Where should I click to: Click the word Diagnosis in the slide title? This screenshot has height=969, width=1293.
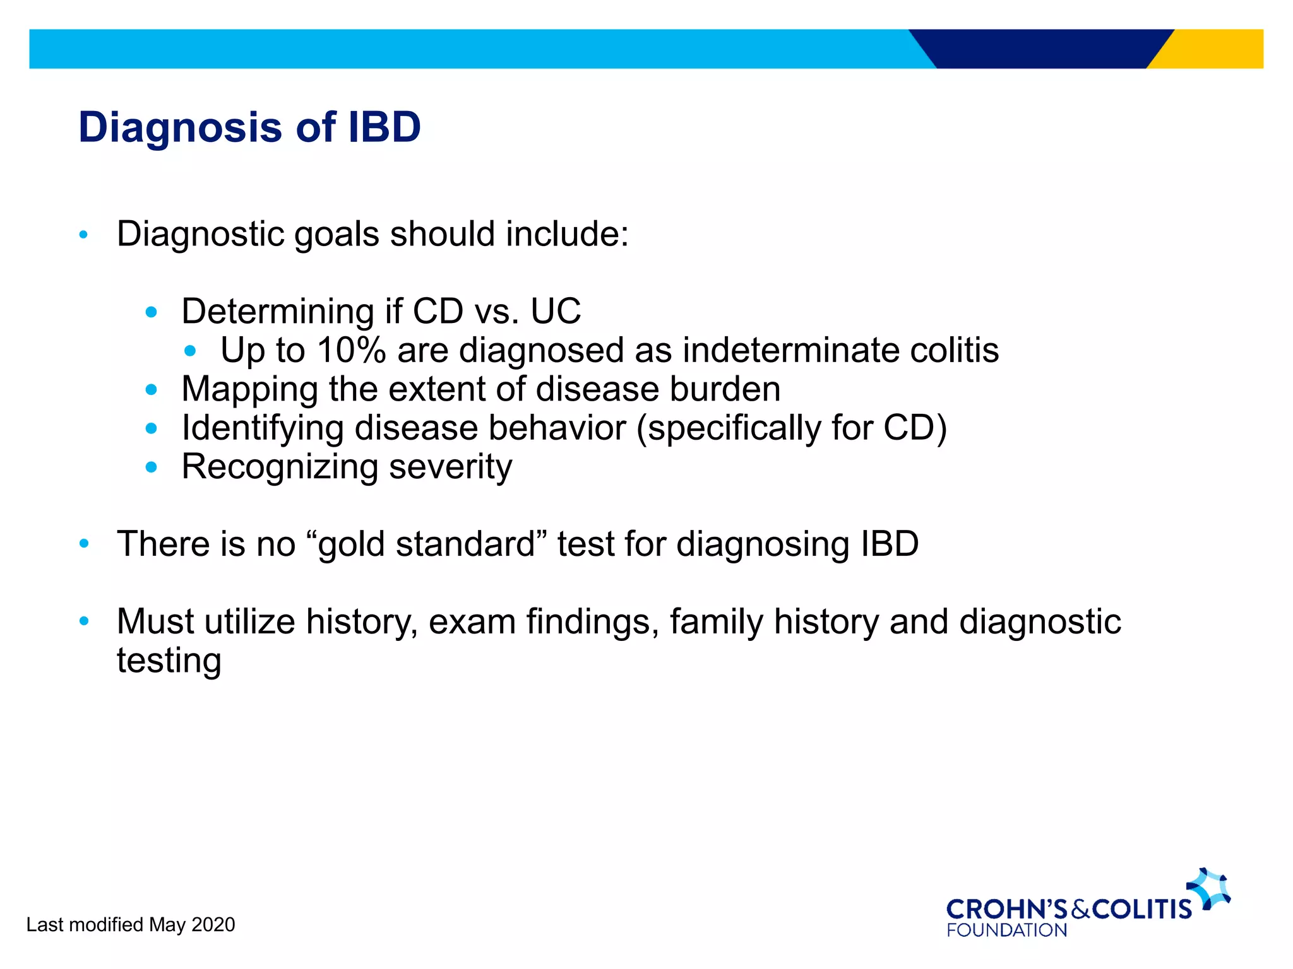point(180,128)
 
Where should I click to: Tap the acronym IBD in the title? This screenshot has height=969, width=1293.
point(384,127)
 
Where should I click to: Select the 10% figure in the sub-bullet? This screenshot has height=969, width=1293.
point(351,350)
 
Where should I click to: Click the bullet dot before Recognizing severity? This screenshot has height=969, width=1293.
point(151,467)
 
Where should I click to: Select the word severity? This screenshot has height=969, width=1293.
point(450,467)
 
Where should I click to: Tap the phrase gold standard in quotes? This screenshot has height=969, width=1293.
point(427,544)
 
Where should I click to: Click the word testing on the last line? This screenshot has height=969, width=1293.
point(169,661)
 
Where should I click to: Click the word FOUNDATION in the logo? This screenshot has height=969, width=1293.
point(1006,931)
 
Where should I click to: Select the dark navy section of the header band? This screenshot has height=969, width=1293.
point(1042,49)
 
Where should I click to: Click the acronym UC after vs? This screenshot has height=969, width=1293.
point(555,311)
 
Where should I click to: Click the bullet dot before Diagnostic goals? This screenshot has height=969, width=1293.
point(83,235)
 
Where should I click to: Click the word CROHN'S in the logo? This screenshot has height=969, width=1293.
point(1006,909)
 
